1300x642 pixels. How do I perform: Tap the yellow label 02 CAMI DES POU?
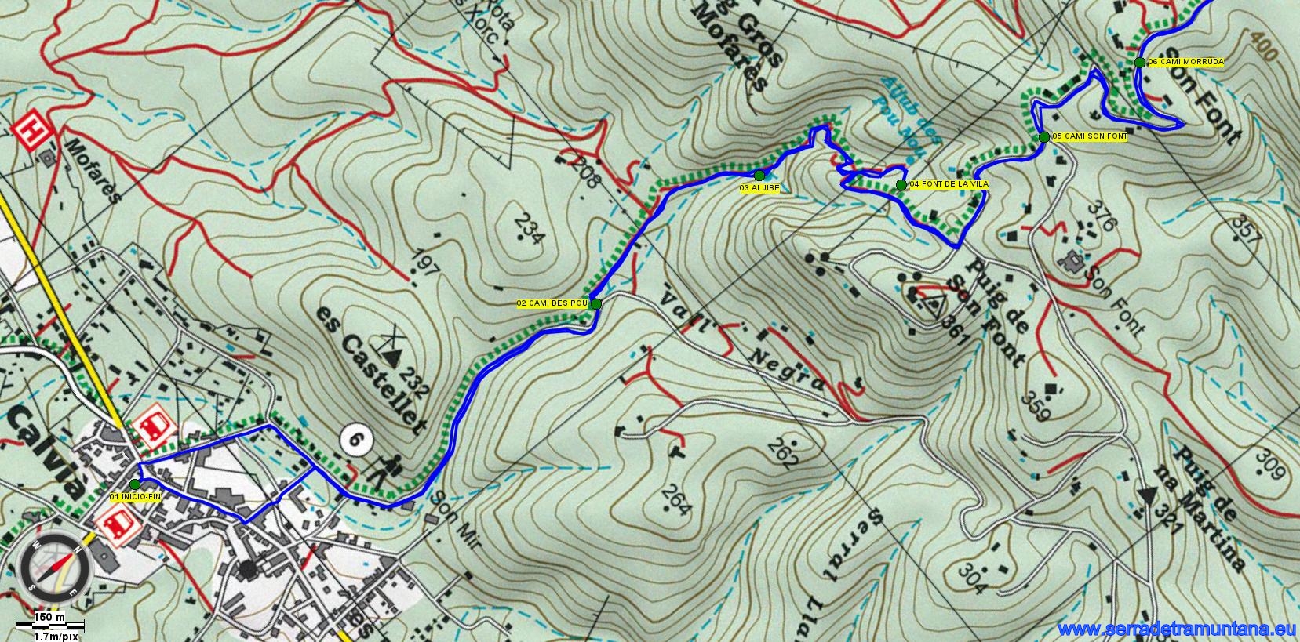click(x=552, y=303)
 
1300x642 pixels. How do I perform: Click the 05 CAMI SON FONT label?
click(x=1090, y=136)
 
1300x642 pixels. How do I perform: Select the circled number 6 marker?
click(x=355, y=441)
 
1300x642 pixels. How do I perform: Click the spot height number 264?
click(x=675, y=501)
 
